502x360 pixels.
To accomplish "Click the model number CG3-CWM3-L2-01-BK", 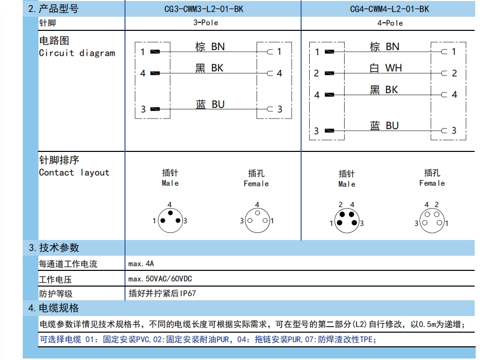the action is point(203,9).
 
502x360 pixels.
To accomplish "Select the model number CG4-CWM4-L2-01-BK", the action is point(389,9).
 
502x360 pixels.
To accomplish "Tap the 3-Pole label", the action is point(205,23).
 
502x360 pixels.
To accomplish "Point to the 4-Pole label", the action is point(390,23).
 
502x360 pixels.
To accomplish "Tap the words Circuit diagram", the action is point(77,53).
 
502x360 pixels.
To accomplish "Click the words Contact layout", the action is point(74,173).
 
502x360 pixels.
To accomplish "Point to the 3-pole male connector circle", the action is point(170,220).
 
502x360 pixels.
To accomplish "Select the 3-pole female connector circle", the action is point(258,220).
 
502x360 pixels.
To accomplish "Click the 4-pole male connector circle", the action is point(347,221).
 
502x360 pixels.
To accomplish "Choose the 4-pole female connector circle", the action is point(432,221).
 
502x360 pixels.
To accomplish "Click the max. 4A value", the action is point(141,264).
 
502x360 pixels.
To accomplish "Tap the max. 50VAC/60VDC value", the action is point(160,279).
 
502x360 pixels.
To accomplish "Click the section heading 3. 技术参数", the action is point(54,248).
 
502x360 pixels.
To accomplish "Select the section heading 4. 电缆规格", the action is point(54,308).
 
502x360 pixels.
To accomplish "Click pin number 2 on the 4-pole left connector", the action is point(316,73).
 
